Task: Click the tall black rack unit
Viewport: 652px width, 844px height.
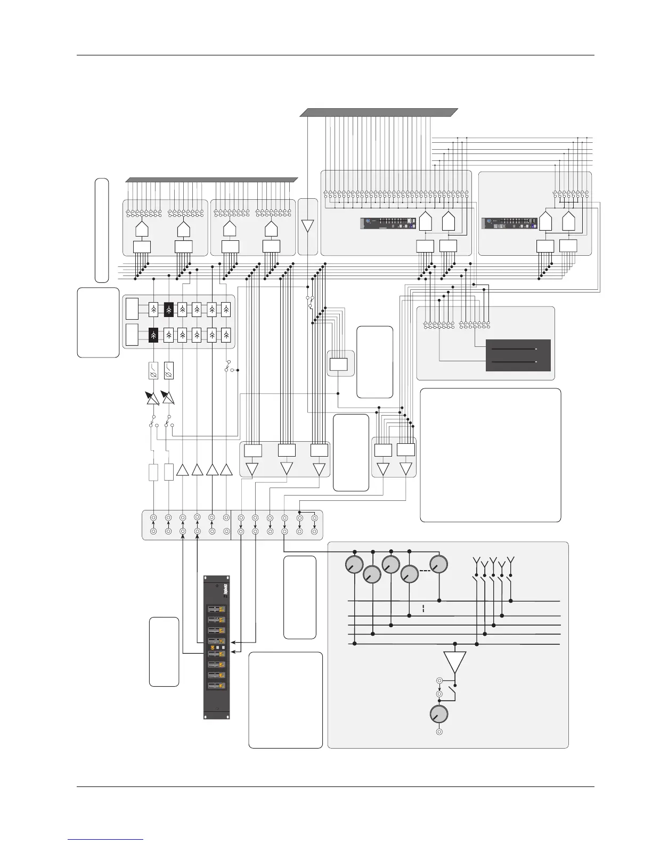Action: (x=217, y=647)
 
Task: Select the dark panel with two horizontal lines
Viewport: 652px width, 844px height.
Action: (x=518, y=355)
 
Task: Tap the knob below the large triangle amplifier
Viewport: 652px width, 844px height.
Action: (x=438, y=715)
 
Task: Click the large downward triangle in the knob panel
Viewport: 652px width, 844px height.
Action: (x=454, y=662)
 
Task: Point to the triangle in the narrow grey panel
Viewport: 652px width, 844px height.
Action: (x=308, y=226)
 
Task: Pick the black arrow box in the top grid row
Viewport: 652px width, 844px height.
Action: (x=169, y=309)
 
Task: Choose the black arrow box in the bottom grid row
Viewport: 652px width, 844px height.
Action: (x=153, y=335)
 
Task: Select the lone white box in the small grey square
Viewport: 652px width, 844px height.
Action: (x=339, y=364)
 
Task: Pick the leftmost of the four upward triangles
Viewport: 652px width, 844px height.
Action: (x=183, y=470)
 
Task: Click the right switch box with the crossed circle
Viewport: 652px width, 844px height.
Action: (x=169, y=370)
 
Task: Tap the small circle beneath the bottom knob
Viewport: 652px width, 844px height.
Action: (x=439, y=732)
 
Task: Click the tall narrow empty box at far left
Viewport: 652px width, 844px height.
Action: (x=102, y=230)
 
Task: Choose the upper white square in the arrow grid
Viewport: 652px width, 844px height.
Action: (x=132, y=309)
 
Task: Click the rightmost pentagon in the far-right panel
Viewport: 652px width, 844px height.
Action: (x=568, y=222)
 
